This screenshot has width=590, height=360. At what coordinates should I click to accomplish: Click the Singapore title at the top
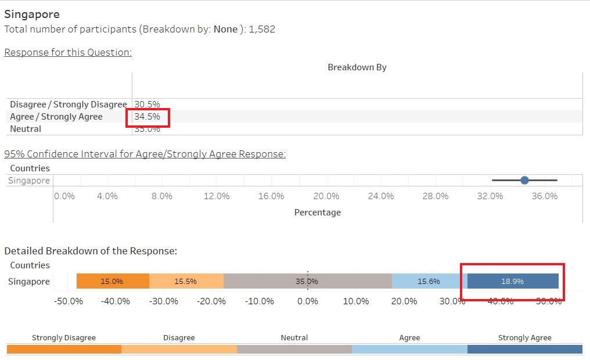pos(32,14)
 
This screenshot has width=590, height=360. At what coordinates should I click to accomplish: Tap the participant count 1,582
pos(262,29)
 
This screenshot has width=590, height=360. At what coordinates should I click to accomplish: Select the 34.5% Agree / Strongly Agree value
pos(147,117)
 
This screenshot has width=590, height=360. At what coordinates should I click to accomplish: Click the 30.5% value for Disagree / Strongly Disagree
pos(147,105)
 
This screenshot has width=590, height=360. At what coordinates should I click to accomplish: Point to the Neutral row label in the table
pos(26,129)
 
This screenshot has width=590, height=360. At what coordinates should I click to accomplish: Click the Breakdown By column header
pos(357,67)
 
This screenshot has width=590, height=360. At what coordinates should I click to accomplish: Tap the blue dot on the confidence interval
pos(525,181)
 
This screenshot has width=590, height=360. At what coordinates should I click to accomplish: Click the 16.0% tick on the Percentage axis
pos(271,196)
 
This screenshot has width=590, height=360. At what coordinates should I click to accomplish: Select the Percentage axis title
pos(318,213)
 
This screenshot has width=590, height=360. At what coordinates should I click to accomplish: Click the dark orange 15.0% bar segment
pos(113,281)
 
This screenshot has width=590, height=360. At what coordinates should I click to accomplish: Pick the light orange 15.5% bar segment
pos(186,281)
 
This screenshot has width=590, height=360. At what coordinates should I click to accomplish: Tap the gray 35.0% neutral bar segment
pos(307,281)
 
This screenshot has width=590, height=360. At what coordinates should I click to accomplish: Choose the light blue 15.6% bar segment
pos(429,281)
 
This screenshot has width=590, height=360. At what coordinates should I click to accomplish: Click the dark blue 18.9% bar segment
pos(513,281)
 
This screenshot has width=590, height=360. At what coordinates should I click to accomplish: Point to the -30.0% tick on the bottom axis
pos(163,301)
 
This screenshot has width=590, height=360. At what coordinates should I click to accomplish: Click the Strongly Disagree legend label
pos(64,337)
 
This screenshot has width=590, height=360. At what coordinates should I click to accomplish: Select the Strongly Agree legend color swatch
pos(525,349)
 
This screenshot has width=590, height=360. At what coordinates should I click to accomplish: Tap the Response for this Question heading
pos(68,52)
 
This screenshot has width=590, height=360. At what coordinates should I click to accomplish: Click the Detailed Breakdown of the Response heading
pos(91,251)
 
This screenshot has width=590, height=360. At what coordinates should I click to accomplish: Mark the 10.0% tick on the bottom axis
pos(356,301)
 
